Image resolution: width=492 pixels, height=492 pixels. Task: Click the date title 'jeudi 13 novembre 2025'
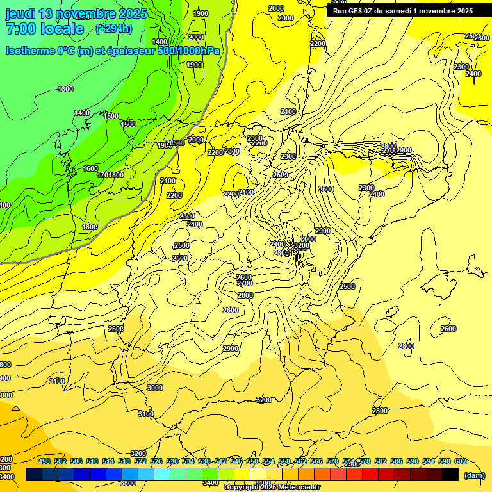(x=76, y=13)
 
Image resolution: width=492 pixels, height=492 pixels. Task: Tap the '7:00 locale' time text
(x=45, y=29)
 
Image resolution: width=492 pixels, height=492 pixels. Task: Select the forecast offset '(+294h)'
(x=114, y=28)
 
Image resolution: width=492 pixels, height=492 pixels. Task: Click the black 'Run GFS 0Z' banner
(x=403, y=10)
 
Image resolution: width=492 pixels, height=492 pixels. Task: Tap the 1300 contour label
(x=65, y=89)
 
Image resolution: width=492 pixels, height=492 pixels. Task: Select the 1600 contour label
(x=90, y=168)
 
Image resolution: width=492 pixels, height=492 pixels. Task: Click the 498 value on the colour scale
(x=44, y=461)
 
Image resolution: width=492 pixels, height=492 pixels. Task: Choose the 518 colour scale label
(x=124, y=461)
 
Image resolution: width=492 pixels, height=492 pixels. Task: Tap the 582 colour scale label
(x=381, y=461)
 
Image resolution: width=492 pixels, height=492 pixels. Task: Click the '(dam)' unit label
(x=474, y=475)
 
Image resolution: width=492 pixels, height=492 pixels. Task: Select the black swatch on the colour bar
(x=450, y=474)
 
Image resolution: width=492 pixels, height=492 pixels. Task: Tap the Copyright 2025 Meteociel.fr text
(x=272, y=488)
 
